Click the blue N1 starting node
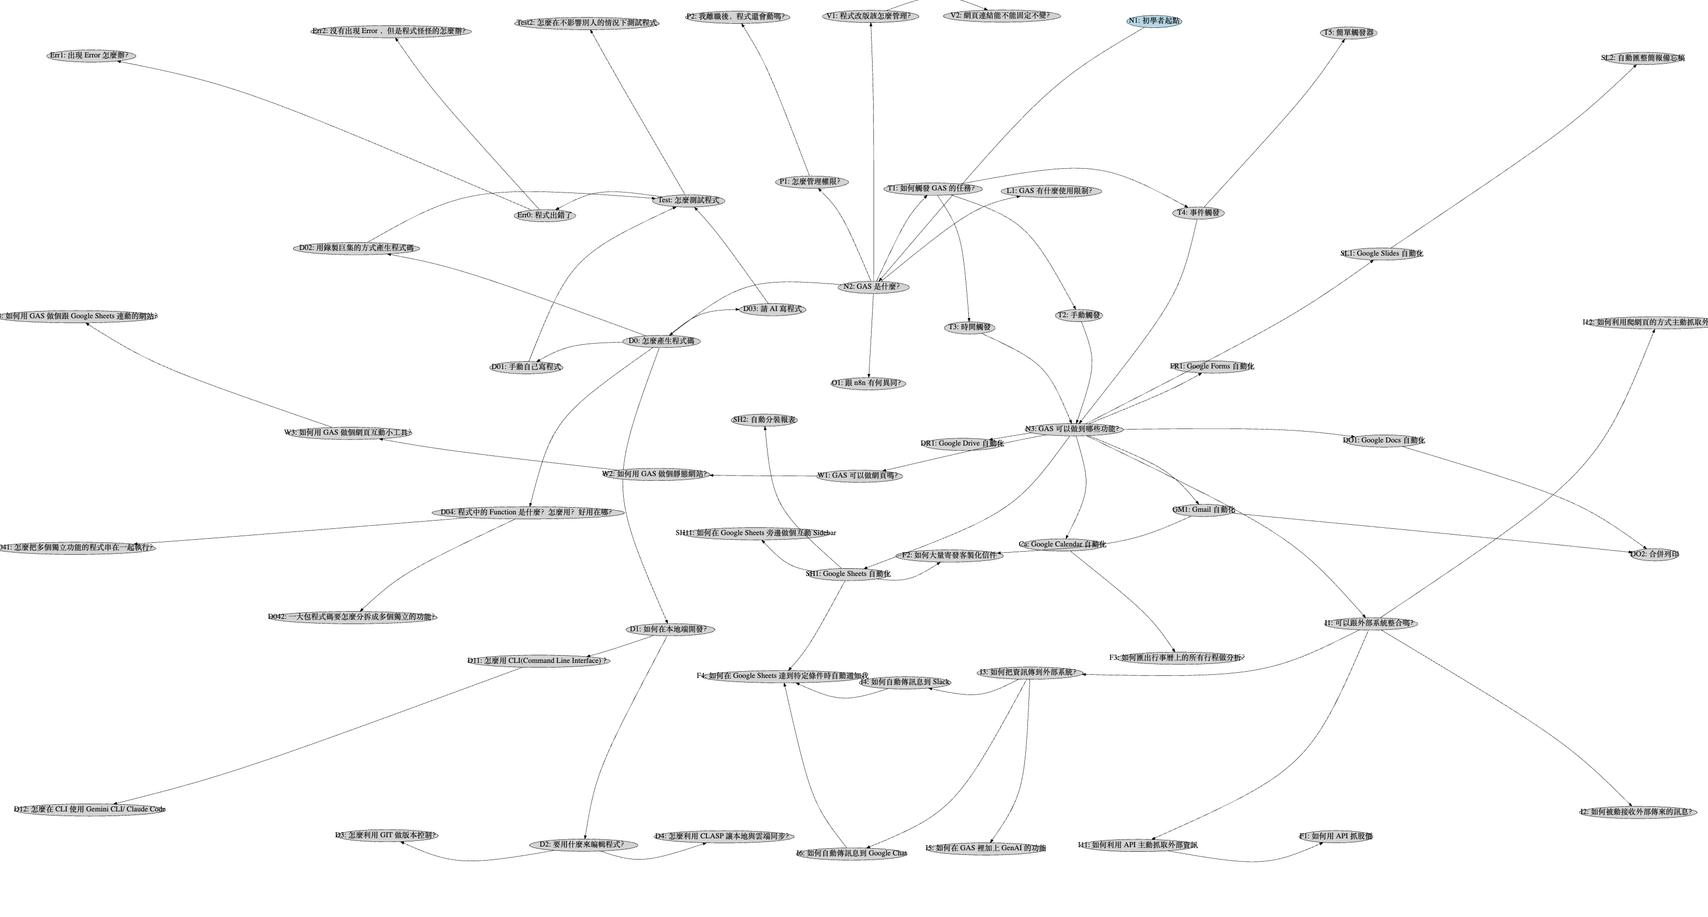[1154, 21]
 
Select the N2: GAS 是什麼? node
[873, 287]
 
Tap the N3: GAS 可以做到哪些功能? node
[1073, 429]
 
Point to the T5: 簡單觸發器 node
[1349, 33]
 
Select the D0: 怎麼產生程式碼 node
[661, 341]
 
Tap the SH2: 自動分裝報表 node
[764, 420]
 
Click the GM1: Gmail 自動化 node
[1203, 510]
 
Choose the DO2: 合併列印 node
[1654, 554]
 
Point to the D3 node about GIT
[387, 835]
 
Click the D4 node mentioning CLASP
[724, 837]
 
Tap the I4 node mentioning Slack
[905, 682]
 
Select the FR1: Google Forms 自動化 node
[1212, 366]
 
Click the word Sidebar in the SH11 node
[820, 533]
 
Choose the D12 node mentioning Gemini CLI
[90, 809]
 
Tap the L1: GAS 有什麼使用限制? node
[1051, 191]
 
